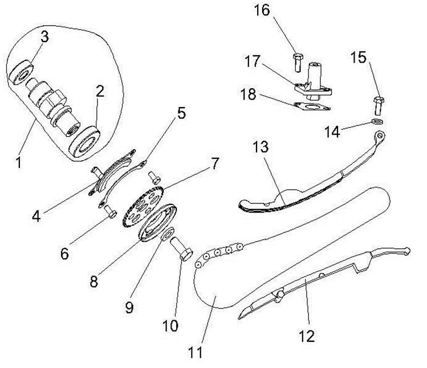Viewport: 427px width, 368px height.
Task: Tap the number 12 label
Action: (307, 336)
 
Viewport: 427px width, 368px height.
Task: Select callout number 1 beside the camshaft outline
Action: (19, 163)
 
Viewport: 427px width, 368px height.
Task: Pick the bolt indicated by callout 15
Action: (378, 105)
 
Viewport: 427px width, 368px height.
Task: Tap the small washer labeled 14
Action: (376, 122)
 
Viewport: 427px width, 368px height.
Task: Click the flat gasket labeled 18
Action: (315, 108)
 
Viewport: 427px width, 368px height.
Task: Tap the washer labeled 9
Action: (169, 234)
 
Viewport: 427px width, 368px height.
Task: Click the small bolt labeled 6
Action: (111, 214)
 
